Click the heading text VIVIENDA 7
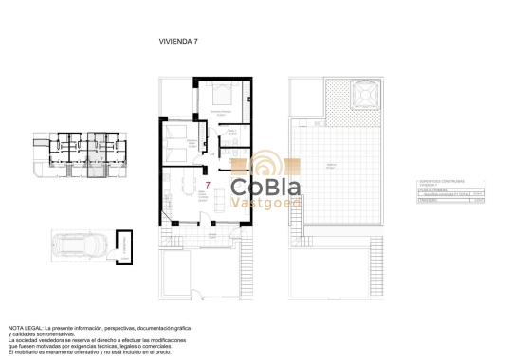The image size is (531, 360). coord(177,42)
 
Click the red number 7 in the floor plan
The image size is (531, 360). coord(208,185)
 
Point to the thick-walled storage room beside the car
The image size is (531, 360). coord(123,244)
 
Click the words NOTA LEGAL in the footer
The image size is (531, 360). coord(25,325)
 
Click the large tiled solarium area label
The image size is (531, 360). coord(332,165)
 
